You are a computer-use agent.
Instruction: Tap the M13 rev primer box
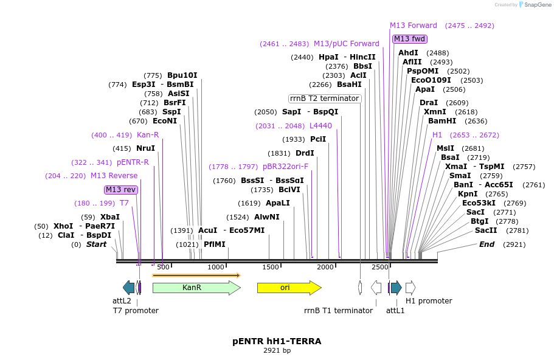coord(121,190)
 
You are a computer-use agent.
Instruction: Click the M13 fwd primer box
coord(409,39)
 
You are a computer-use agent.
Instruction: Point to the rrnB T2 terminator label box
coord(325,99)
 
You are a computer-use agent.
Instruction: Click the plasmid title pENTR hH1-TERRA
coord(277,341)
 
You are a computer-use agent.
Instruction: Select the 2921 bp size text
coord(277,351)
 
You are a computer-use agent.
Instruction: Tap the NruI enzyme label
coord(145,148)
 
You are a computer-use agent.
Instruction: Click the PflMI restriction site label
coord(214,244)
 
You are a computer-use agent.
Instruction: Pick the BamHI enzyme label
coord(441,120)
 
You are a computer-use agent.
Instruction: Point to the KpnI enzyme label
coord(468,194)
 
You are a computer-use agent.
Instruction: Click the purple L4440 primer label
coord(320,126)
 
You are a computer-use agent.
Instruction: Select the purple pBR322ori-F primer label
coord(285,167)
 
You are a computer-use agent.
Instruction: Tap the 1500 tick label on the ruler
coord(270,268)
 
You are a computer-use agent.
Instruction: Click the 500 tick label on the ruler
coord(163,268)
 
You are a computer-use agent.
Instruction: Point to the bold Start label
coord(96,244)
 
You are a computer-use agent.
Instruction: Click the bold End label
coord(486,244)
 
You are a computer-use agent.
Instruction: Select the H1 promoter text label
coord(429,301)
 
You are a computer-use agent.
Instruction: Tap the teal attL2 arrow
coord(128,288)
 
